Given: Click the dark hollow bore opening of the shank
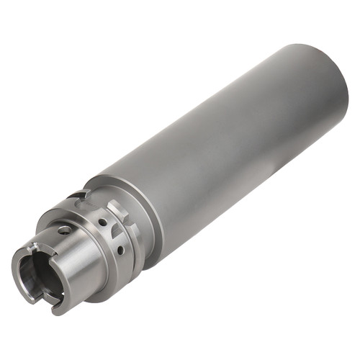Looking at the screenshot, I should coord(35,274).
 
